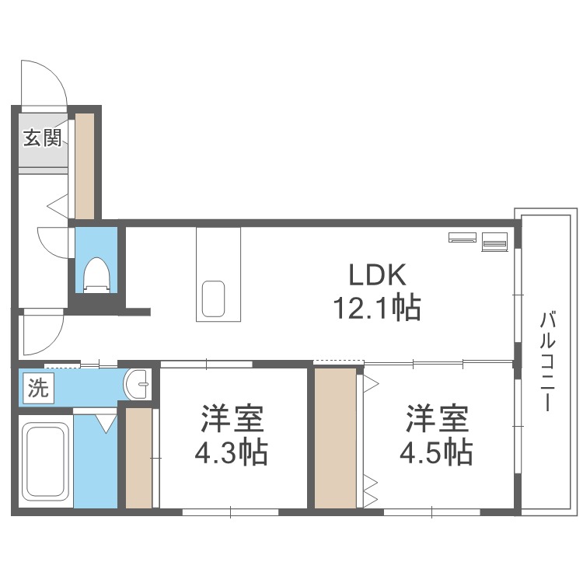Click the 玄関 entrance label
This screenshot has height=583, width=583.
click(x=42, y=138)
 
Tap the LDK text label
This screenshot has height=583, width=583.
click(x=377, y=275)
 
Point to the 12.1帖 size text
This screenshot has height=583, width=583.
click(x=377, y=309)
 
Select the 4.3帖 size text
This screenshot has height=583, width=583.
click(x=232, y=451)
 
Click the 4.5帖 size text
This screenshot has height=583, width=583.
click(x=436, y=451)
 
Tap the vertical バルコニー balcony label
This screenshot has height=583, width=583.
click(x=547, y=361)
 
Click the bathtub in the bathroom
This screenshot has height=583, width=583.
click(x=44, y=464)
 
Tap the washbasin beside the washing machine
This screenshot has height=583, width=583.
click(x=138, y=384)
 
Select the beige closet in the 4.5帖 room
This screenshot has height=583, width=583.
click(x=335, y=438)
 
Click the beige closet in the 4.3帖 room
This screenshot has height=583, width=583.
click(x=139, y=457)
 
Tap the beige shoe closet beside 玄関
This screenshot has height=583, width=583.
click(x=84, y=165)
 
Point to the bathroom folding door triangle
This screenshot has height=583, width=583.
click(x=105, y=422)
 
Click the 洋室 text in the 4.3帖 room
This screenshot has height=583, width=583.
click(x=232, y=419)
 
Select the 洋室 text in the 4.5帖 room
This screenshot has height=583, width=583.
click(x=436, y=419)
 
